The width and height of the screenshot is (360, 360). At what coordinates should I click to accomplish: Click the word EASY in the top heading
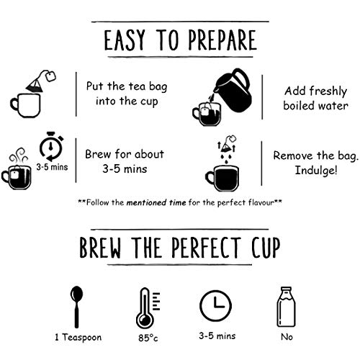125,40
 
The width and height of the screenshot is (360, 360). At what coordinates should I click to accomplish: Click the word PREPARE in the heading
222,40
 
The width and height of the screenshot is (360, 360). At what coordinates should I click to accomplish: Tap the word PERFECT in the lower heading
206,248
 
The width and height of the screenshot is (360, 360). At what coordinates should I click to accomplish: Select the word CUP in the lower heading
266,248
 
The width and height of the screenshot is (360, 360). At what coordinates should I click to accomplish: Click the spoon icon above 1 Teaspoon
76,307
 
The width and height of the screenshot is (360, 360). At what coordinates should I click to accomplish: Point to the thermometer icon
148,308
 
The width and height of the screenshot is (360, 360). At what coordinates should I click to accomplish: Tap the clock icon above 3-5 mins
215,306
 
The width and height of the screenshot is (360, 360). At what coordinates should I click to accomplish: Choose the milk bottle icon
287,307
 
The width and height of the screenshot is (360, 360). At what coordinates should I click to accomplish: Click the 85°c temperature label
148,338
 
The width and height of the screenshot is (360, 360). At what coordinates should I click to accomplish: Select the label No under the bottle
287,337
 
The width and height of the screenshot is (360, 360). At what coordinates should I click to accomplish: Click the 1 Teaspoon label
78,337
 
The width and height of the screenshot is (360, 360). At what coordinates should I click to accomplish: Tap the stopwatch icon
51,146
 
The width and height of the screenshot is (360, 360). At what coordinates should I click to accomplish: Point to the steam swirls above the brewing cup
19,156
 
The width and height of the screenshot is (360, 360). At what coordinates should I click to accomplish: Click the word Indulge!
316,171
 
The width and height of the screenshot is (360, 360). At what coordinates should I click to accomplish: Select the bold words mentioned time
156,203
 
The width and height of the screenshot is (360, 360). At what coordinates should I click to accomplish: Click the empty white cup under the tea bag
25,106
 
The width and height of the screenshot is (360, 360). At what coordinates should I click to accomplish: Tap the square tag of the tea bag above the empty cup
50,76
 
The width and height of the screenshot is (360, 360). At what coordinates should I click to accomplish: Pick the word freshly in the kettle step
328,91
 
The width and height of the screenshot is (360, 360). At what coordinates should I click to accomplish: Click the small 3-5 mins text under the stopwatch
52,167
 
